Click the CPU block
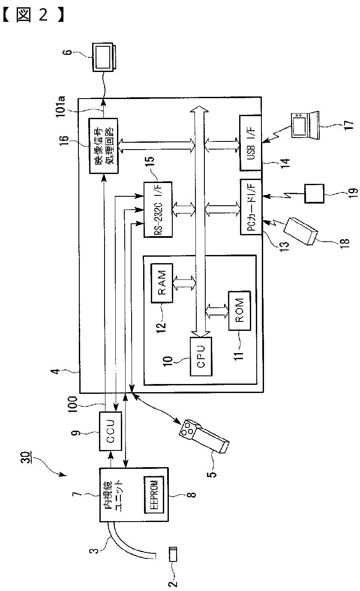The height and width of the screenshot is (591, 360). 201,356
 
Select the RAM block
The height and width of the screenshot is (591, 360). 162,283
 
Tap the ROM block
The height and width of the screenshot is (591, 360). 240,311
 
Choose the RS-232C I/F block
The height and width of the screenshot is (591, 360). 158,210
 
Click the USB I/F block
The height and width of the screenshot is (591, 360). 250,143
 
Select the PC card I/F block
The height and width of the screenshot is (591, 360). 251,207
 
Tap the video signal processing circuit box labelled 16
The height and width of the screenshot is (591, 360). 103,146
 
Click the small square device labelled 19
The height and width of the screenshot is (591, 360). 314,193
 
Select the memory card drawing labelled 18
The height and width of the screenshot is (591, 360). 300,231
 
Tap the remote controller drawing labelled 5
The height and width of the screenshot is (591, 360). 204,435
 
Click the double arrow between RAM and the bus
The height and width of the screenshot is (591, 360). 184,283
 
